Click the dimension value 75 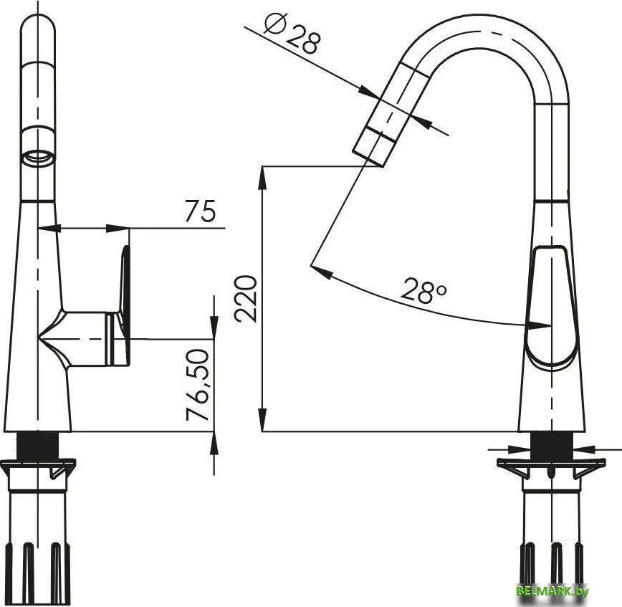coord(200,211)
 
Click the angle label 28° coord(424,290)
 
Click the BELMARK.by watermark coord(552,591)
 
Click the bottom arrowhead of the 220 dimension coord(263,421)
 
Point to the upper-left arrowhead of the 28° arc coord(318,271)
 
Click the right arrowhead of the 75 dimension coord(120,229)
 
